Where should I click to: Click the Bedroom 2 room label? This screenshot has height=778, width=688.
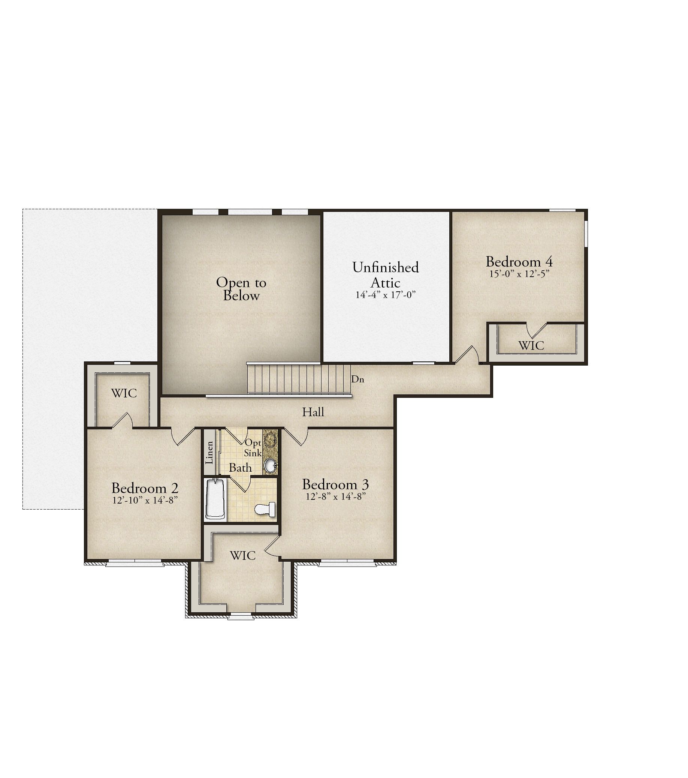point(145,488)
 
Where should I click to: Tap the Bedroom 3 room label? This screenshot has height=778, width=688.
point(335,484)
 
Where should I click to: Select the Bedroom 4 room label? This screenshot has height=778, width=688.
point(519,262)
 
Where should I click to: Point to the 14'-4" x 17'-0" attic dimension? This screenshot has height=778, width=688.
point(385,295)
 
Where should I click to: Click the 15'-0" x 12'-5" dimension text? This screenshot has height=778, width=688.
point(519,274)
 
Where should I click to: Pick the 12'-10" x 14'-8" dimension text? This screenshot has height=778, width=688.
point(145,500)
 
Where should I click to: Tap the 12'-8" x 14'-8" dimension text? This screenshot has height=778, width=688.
point(335,496)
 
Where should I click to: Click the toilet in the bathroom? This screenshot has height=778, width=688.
point(265,509)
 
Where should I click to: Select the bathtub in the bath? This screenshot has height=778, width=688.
point(215,499)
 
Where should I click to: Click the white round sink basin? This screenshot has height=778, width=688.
point(270,465)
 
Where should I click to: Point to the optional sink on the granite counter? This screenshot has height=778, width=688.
point(271,439)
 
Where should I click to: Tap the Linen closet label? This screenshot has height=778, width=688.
point(209,453)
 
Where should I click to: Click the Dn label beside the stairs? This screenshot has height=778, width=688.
point(357,379)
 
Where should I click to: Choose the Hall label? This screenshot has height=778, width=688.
point(313,412)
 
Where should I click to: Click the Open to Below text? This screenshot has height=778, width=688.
point(241,289)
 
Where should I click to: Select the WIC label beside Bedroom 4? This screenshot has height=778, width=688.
point(531,346)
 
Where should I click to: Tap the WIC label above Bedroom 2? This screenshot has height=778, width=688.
point(124,393)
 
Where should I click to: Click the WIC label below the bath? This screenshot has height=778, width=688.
point(243,556)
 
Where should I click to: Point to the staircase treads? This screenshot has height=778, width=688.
point(299,379)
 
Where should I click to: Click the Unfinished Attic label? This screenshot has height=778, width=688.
point(385,275)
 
